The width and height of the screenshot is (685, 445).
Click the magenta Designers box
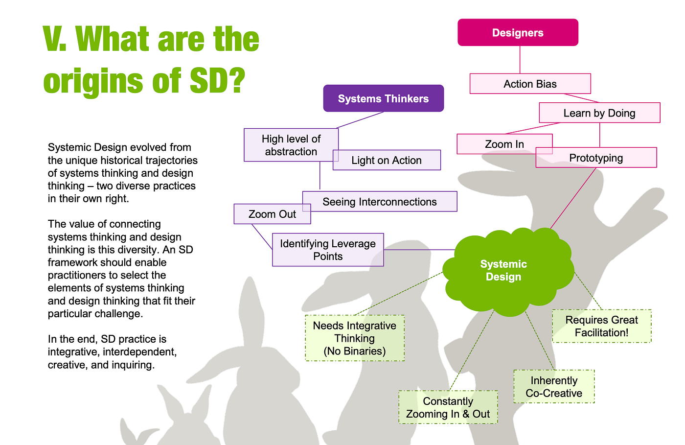pos(518,32)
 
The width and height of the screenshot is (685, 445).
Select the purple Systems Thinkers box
pos(384,98)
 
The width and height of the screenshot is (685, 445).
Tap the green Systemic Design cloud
pos(508,272)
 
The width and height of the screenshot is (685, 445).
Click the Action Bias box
pos(530,84)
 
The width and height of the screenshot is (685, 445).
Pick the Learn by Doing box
pos(600,113)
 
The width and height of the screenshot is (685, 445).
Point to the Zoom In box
pos(504,144)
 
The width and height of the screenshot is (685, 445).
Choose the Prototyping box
pos(596,158)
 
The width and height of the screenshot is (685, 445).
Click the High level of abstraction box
pos(291,145)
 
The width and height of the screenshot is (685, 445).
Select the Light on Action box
pos(387,160)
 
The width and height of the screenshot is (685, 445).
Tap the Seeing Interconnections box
pos(380,201)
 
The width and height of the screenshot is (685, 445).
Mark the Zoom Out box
pos(272,214)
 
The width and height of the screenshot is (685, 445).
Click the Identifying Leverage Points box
pos(328,250)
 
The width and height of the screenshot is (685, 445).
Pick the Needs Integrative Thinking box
pos(355,338)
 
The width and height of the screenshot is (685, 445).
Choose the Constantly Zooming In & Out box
pos(448,407)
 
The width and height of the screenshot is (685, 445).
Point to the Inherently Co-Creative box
pos(554,387)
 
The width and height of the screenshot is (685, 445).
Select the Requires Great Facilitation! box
pos(601,326)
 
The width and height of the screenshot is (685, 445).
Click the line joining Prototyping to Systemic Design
pos(573,198)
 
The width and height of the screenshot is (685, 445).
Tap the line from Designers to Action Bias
pos(520,60)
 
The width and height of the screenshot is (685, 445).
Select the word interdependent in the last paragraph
pos(140,352)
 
